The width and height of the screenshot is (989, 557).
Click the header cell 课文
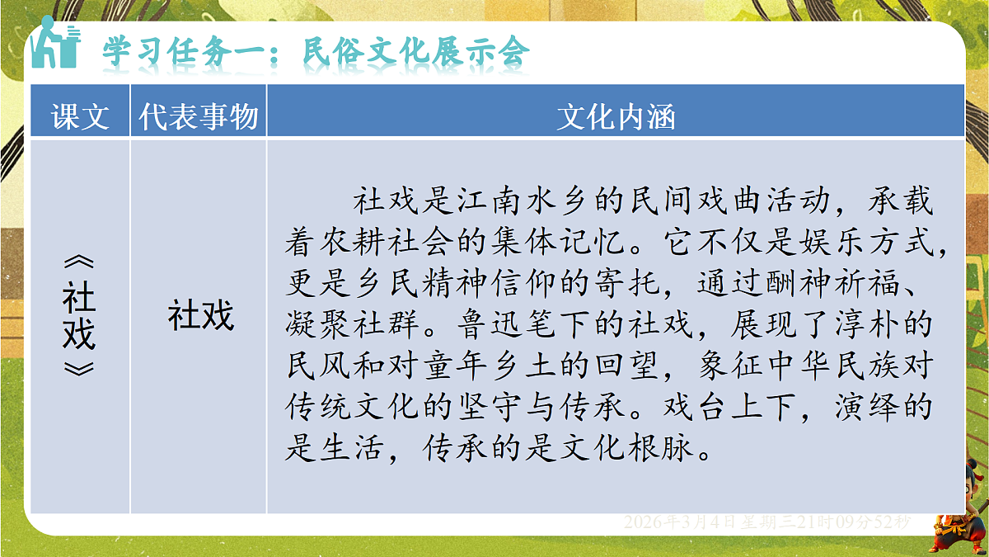pyautogui.click(x=80, y=117)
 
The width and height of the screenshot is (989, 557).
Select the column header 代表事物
pyautogui.click(x=199, y=117)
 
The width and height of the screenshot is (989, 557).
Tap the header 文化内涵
pyautogui.click(x=616, y=117)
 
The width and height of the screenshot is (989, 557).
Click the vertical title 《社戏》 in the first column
pyautogui.click(x=79, y=317)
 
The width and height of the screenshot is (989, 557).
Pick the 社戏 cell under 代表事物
pyautogui.click(x=201, y=315)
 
